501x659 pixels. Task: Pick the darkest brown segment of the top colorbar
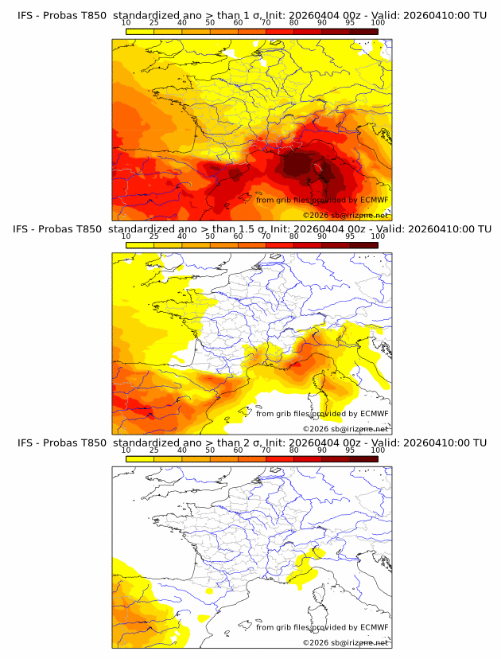click(x=364, y=33)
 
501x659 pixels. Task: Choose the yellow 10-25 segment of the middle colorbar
click(x=140, y=246)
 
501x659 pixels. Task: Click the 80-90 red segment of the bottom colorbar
click(x=308, y=459)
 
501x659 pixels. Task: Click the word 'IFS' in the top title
click(x=26, y=16)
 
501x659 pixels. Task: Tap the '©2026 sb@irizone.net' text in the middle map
click(x=345, y=429)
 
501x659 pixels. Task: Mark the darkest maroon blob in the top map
click(x=301, y=164)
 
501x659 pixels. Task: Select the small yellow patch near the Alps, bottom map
click(x=303, y=567)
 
